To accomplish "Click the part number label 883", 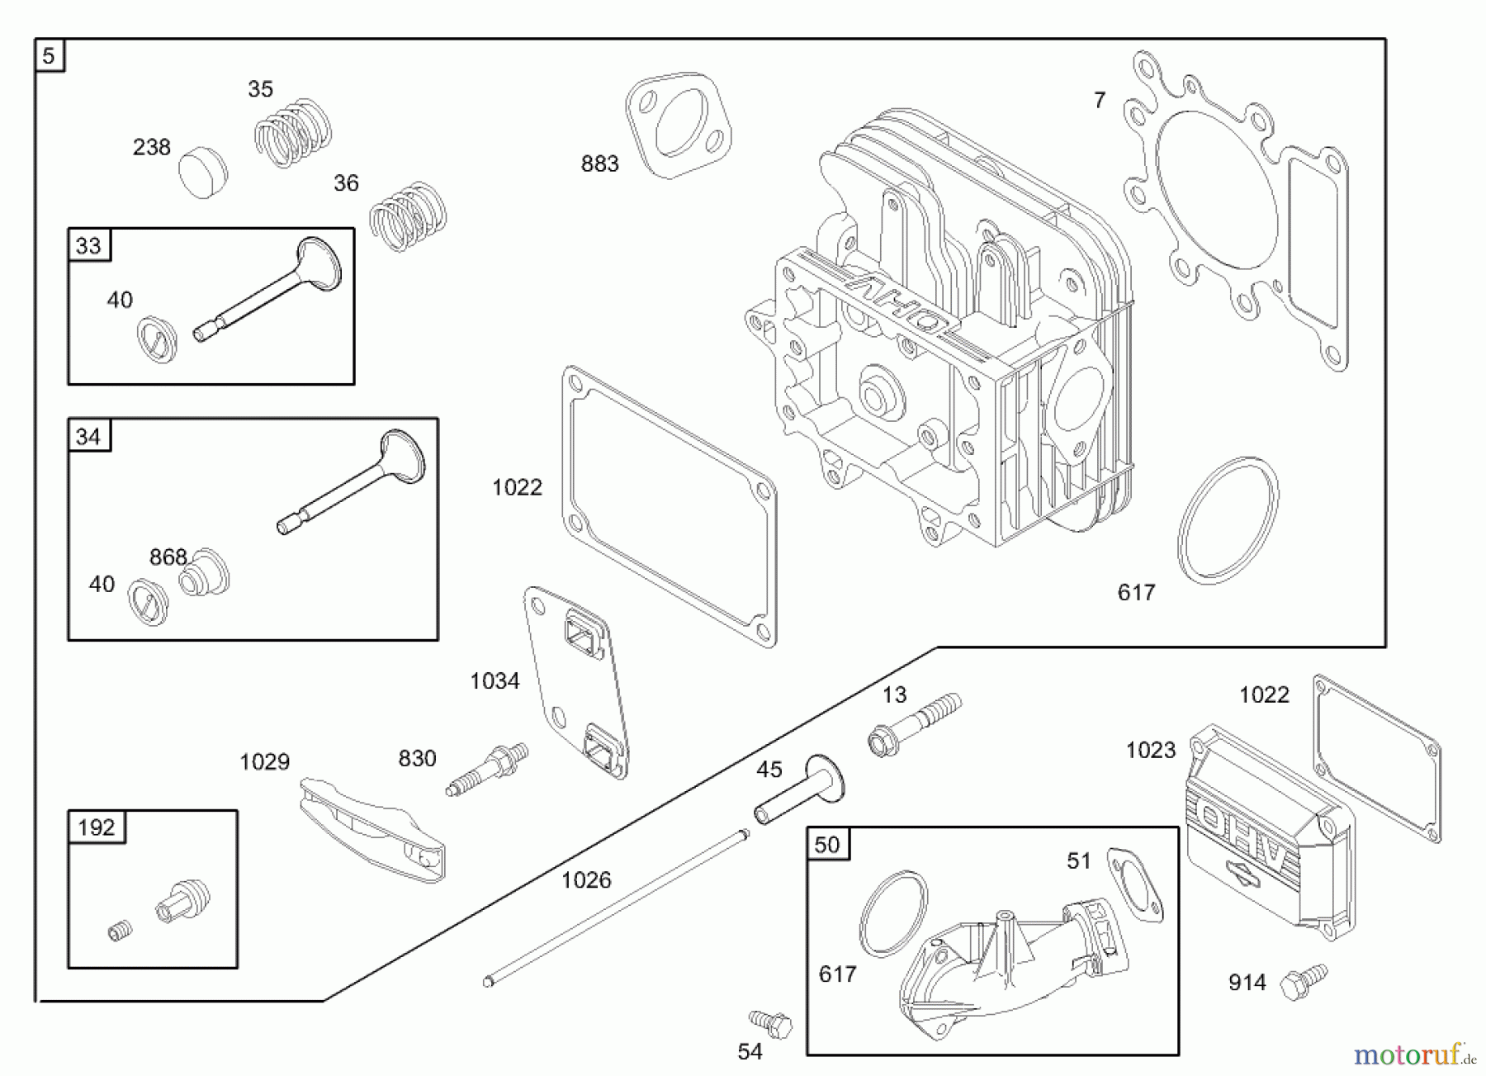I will (x=599, y=164).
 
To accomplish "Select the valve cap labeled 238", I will (x=203, y=173).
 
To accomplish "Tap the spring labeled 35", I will (x=292, y=132).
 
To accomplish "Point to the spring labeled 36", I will (x=407, y=216).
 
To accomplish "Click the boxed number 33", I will (x=88, y=245).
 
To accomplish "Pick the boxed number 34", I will (x=88, y=436).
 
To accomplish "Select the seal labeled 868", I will (x=205, y=573).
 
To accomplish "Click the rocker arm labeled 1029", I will (x=371, y=830).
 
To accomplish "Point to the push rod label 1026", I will (x=586, y=880).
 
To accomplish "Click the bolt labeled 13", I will (x=912, y=726).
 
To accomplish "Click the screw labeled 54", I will (x=771, y=1023).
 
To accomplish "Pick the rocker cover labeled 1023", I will (x=1267, y=834).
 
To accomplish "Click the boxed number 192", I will (x=96, y=827).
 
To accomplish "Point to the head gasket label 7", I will (x=1099, y=101).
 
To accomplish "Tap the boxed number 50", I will (x=826, y=845).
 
